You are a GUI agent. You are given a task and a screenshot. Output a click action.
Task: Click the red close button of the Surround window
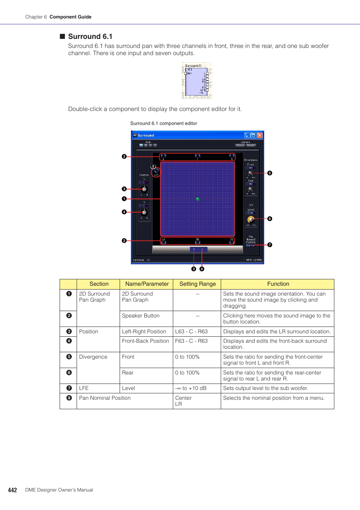[x=260, y=135]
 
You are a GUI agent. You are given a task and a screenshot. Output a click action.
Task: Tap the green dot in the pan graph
[x=197, y=199]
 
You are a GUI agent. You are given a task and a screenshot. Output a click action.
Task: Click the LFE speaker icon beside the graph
[x=156, y=171]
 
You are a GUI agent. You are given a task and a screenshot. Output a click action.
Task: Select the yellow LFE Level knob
[x=251, y=219]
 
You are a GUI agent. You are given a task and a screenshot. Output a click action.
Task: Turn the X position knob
[x=144, y=189]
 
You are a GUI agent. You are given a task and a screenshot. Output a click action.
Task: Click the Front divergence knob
[x=251, y=173]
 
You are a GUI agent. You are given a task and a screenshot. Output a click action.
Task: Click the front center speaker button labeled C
[x=197, y=156]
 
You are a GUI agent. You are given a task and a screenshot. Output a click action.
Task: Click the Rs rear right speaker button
[x=232, y=241]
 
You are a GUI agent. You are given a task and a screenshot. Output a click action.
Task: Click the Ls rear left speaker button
[x=163, y=241]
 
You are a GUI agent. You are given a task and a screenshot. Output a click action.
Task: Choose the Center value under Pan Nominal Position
[x=251, y=245]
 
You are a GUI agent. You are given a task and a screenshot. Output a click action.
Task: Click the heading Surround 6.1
[x=90, y=37]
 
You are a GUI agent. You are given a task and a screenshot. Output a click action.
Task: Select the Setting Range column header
[x=197, y=284]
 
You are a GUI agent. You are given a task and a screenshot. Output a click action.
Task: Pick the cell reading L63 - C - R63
[x=191, y=331]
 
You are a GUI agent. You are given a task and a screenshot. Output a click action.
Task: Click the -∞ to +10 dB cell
[x=191, y=388]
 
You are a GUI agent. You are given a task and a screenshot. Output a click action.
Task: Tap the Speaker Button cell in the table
[x=141, y=316]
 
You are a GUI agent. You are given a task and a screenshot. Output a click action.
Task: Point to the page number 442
[x=12, y=490]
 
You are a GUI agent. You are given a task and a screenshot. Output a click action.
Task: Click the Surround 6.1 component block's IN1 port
[x=186, y=74]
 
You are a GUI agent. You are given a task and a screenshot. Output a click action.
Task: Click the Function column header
[x=278, y=284]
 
